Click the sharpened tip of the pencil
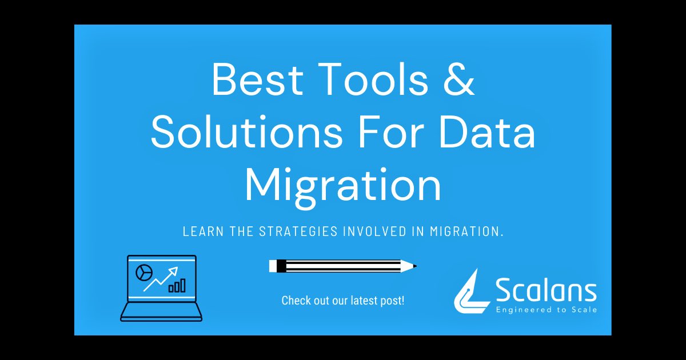413,266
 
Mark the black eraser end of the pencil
281,266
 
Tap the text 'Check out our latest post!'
343,300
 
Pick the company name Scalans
546,291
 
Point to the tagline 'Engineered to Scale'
546,310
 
